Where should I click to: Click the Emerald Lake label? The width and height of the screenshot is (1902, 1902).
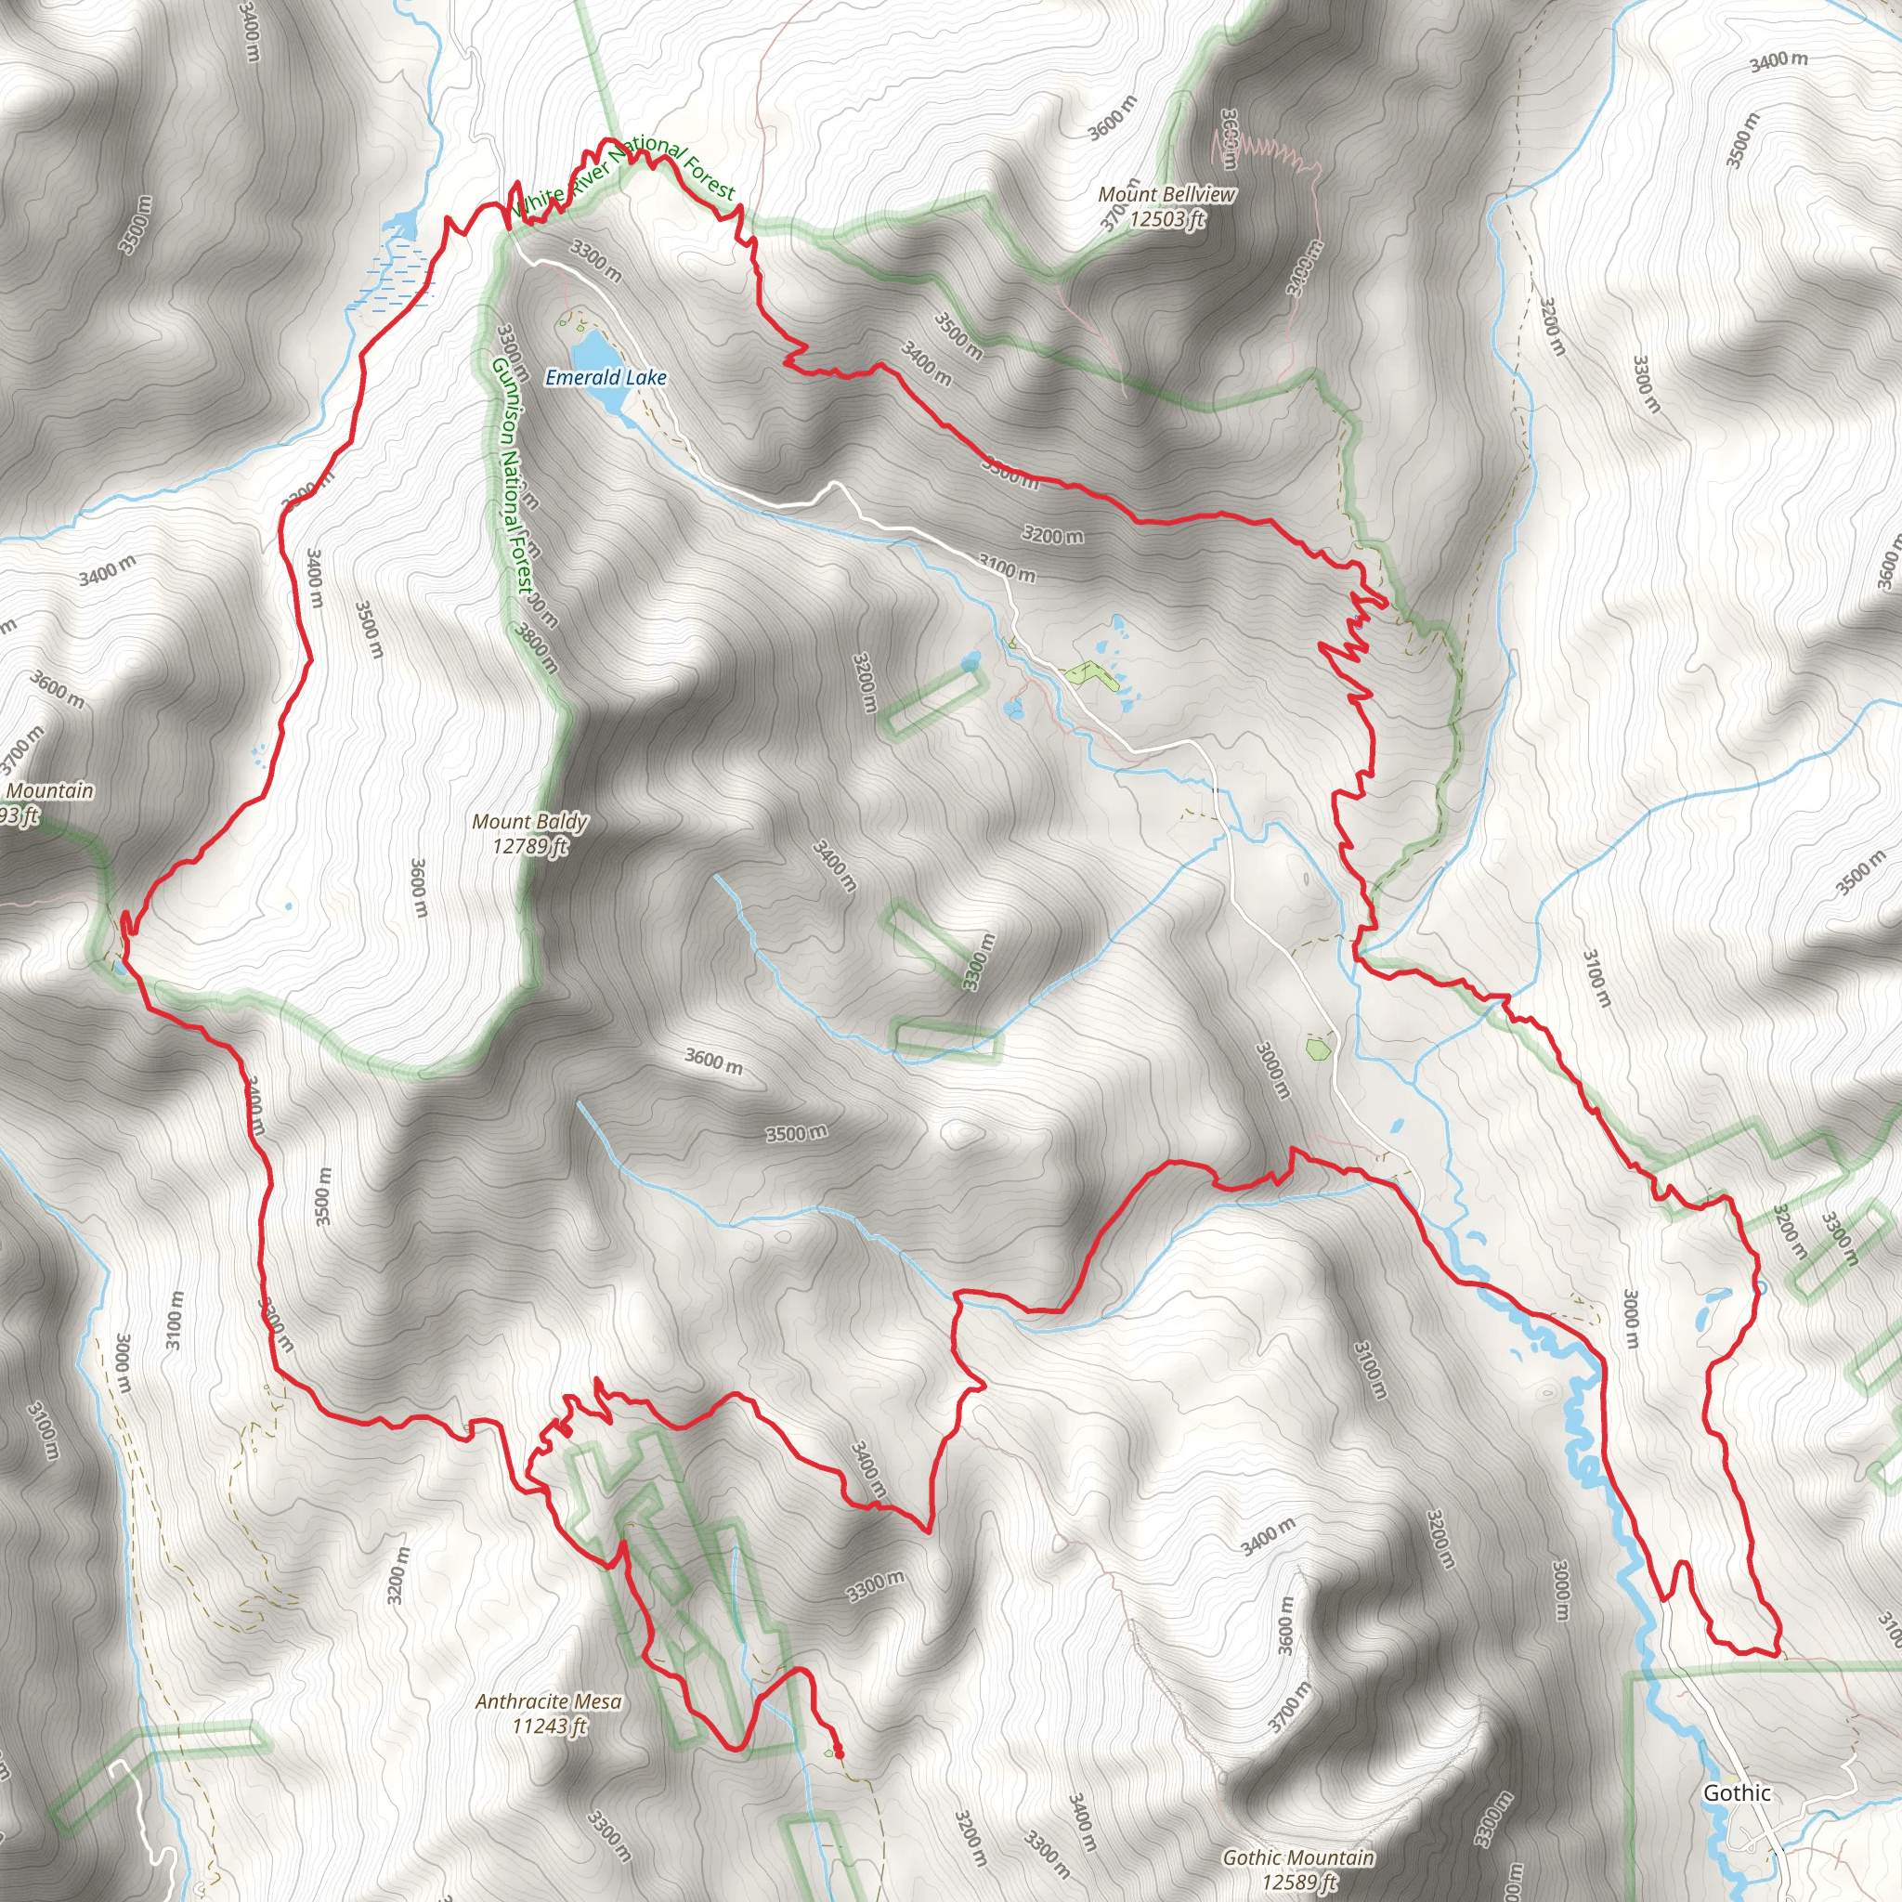click(606, 378)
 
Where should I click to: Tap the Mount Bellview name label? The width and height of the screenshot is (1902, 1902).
click(1166, 195)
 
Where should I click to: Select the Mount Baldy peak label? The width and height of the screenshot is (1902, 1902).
click(529, 821)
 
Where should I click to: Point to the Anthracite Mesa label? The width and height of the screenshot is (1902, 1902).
click(548, 1701)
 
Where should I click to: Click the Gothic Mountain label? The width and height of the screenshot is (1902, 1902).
click(1298, 1856)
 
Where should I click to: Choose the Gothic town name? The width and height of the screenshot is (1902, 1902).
click(1737, 1792)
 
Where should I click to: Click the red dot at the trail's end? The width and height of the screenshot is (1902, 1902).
click(839, 1753)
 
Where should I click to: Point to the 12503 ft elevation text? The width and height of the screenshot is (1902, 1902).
click(1166, 218)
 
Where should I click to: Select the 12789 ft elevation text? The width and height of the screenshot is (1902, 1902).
click(530, 846)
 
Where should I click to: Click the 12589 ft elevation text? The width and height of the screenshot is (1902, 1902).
click(1299, 1882)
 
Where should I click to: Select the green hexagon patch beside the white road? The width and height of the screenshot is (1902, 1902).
click(1317, 1048)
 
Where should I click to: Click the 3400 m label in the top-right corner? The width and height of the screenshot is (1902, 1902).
click(1778, 61)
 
